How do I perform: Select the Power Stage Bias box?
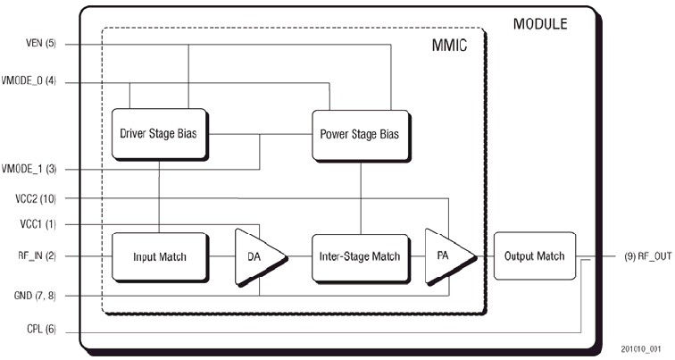point(359,135)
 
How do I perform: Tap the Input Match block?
point(159,256)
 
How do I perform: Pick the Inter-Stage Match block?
point(359,256)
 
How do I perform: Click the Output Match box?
point(535,256)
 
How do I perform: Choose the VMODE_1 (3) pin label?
point(32,169)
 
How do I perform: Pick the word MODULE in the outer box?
point(538,24)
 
